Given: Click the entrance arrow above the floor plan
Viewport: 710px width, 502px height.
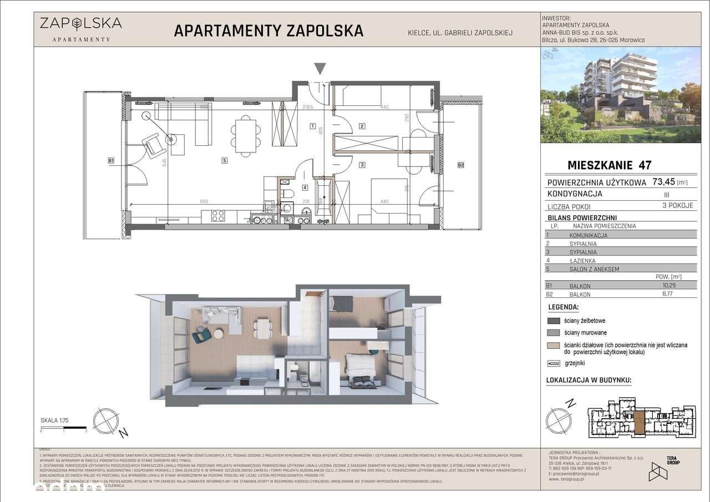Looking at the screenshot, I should click(319, 69).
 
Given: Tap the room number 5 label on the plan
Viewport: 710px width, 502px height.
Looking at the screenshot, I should click(224, 161).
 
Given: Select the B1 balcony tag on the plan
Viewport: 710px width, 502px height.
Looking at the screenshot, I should click(111, 161).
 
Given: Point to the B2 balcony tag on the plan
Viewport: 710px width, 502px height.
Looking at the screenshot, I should click(460, 165).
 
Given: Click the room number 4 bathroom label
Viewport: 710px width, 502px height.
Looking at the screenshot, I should click(305, 187).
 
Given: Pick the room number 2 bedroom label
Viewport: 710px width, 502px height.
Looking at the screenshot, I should click(362, 126).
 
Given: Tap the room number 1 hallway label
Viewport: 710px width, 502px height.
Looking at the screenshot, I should click(313, 126).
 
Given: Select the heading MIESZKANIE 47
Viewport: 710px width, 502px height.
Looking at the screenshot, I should click(609, 165).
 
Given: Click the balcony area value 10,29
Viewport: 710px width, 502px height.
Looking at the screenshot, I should click(674, 285).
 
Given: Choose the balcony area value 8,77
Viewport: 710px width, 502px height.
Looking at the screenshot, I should click(674, 295).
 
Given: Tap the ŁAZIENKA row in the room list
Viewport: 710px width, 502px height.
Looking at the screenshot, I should click(582, 260).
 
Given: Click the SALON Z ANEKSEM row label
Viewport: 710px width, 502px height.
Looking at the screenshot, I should click(594, 269).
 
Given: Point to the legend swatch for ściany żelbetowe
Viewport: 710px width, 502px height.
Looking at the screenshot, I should click(554, 321).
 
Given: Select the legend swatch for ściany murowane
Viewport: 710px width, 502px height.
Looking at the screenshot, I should click(554, 333).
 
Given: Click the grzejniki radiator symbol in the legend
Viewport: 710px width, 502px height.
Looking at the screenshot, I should click(554, 363).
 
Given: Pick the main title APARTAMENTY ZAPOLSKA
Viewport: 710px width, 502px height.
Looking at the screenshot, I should click(269, 31).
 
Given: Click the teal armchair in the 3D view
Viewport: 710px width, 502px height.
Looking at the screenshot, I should click(200, 337).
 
